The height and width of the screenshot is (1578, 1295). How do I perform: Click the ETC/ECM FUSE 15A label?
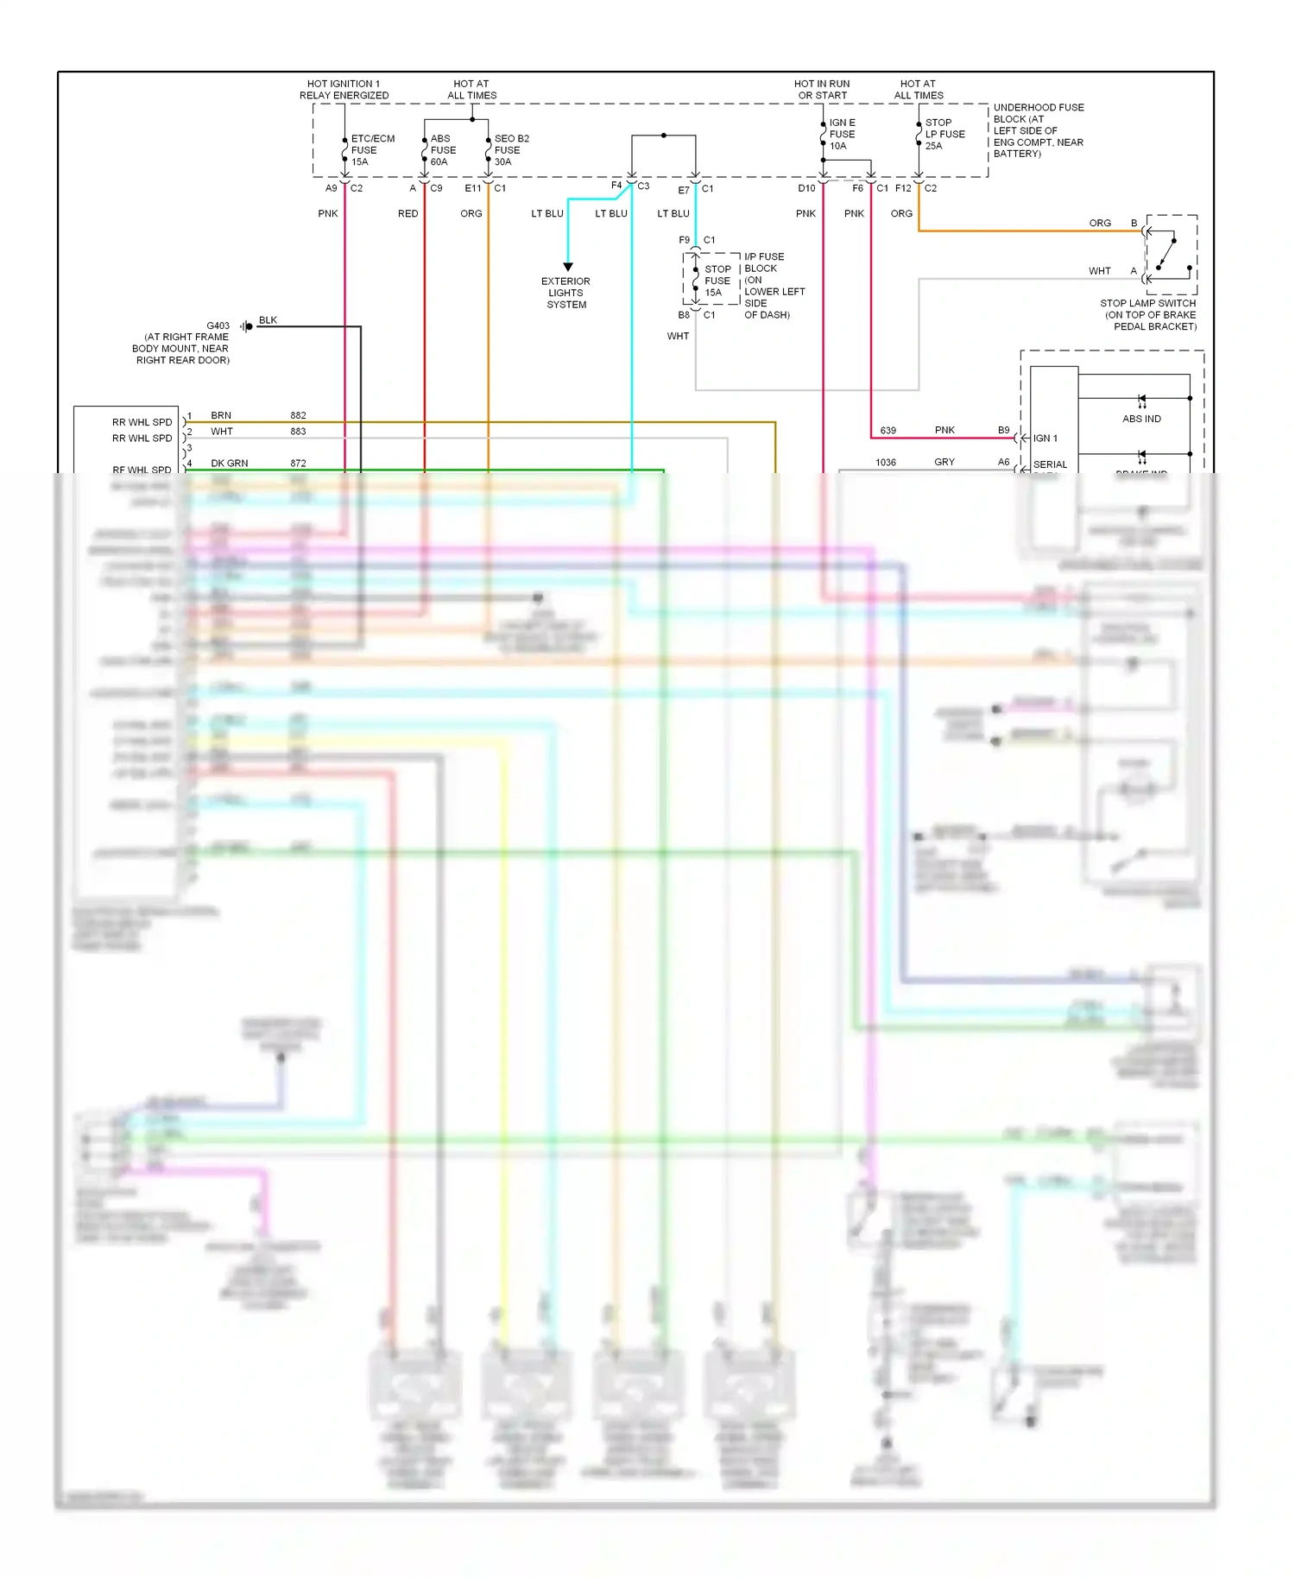[x=371, y=150]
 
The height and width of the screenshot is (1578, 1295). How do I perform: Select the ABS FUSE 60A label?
[x=443, y=150]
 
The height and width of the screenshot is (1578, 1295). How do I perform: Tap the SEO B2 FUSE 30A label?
[x=510, y=150]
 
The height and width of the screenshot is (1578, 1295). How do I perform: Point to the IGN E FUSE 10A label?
[x=842, y=135]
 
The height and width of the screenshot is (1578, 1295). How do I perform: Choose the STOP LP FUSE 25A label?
[x=944, y=134]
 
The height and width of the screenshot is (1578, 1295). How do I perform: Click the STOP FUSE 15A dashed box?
[x=712, y=279]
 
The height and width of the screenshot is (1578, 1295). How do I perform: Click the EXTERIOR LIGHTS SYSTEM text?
[x=565, y=293]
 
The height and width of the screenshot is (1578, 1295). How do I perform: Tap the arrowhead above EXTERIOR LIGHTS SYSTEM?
[x=568, y=267]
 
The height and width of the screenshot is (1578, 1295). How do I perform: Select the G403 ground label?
[x=218, y=325]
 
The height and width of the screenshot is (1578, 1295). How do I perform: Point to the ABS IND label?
[x=1141, y=419]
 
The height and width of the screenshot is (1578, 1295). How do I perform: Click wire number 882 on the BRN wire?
[x=298, y=415]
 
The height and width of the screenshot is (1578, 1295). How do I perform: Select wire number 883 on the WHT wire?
[x=298, y=432]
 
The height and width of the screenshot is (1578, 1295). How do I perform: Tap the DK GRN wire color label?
[x=229, y=464]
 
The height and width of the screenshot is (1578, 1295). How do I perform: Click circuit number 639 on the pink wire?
[x=888, y=430]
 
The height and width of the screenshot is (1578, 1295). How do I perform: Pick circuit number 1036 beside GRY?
[x=886, y=463]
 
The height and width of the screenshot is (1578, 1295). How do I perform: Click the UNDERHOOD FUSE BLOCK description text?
[x=1038, y=130]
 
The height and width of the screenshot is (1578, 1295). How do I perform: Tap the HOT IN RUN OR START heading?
[x=822, y=90]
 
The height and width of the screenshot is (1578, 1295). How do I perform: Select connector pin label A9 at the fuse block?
[x=331, y=188]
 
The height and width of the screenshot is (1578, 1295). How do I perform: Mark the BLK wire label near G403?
[x=268, y=320]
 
